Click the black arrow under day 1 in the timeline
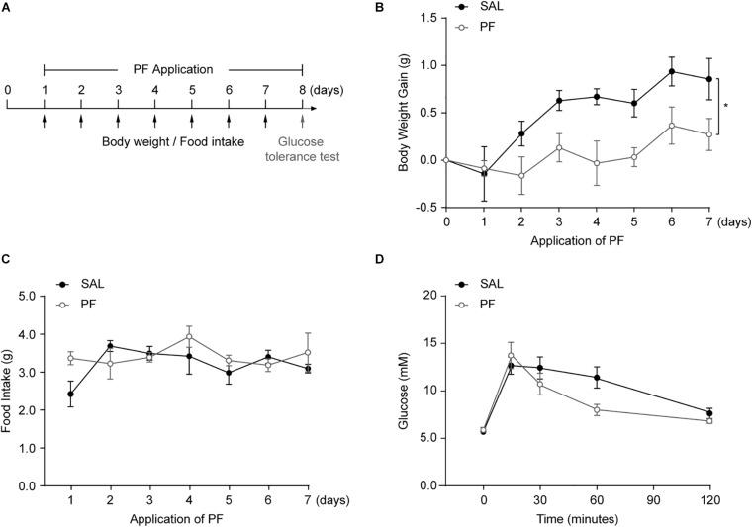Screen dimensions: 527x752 click(44, 122)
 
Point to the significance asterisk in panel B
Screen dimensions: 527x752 click(725, 106)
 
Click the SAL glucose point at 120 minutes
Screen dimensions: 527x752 click(709, 412)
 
